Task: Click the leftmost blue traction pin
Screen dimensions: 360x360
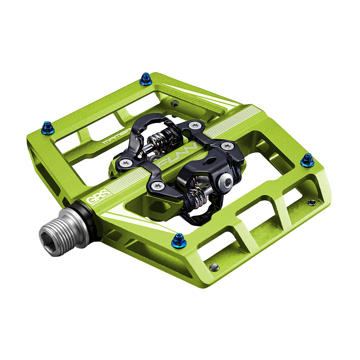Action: [x=48, y=128]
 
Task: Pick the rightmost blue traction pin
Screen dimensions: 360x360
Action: [x=307, y=160]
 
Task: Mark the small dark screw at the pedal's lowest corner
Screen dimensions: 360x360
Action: [x=214, y=267]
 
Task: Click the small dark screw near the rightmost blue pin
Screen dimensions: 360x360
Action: [x=311, y=202]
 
